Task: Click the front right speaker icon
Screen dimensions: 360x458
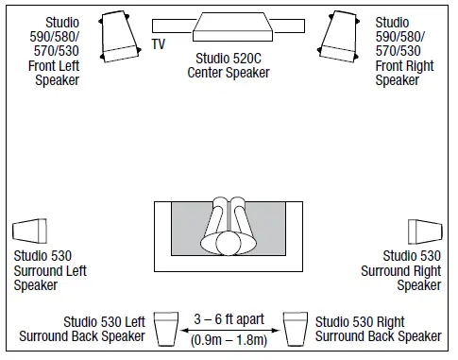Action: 340,32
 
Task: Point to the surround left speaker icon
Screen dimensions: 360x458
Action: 29,231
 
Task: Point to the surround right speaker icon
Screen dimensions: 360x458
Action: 425,231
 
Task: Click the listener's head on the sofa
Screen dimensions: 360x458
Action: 229,243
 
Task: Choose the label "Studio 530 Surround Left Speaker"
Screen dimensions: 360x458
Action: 42,270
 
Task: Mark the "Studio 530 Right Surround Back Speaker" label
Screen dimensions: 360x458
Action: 378,329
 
